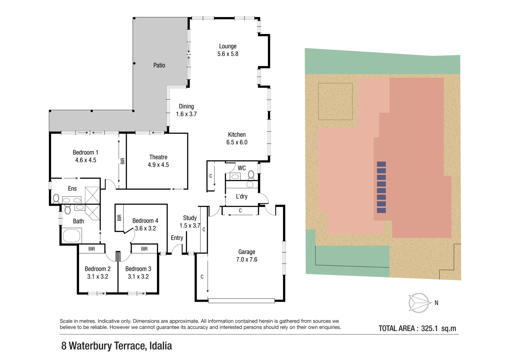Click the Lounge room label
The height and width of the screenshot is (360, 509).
point(228,46)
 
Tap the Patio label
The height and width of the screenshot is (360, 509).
point(159,65)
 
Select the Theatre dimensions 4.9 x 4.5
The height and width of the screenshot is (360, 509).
point(158,165)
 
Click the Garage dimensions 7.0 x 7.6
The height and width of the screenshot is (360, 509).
point(247,260)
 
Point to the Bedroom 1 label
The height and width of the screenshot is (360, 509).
point(85,152)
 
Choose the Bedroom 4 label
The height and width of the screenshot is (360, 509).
point(145,221)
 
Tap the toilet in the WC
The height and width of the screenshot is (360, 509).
point(251,174)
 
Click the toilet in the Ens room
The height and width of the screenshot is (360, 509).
point(56,199)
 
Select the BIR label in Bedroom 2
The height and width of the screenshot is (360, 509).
point(92,249)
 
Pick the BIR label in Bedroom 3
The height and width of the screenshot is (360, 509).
point(144,249)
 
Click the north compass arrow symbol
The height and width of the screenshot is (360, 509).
point(419,303)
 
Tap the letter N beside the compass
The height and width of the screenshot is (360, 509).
point(436,303)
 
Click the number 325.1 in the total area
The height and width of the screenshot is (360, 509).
point(429,328)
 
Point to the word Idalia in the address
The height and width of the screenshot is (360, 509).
point(160,346)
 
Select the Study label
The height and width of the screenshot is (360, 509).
point(190,218)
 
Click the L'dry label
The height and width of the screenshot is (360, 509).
point(242,196)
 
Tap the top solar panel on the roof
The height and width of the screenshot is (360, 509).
point(381,164)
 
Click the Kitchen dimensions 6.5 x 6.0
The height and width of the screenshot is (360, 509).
point(237,142)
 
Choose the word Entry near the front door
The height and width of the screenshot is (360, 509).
point(177,238)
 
